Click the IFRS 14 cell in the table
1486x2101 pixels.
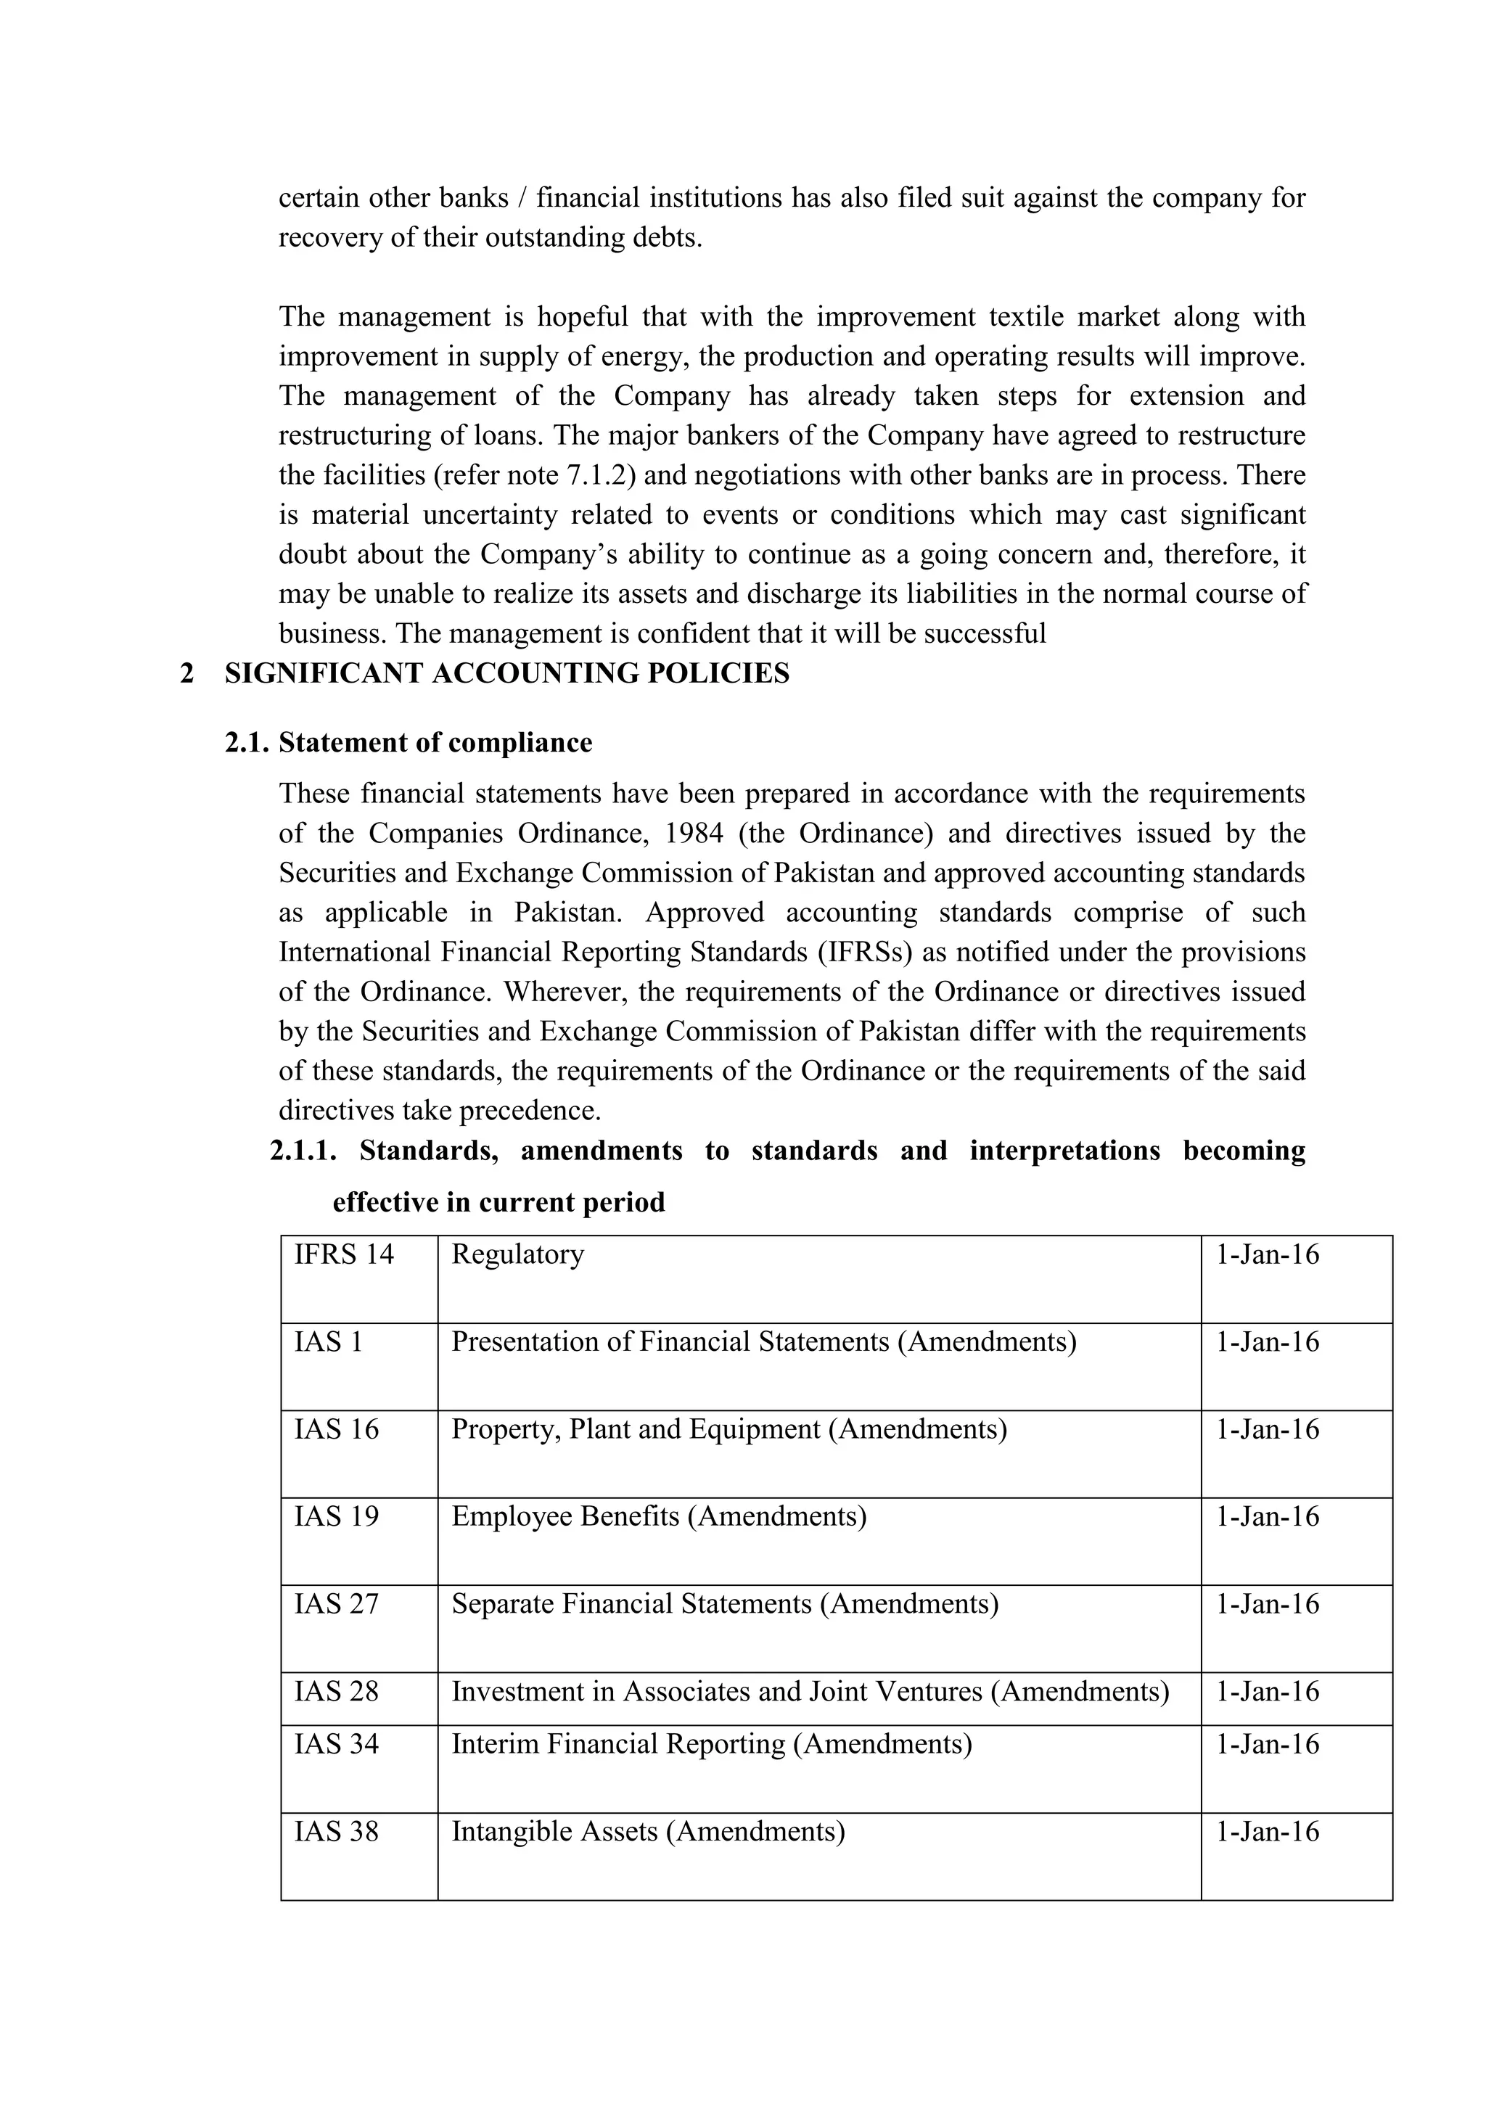pos(343,1254)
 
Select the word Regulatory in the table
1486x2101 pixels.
pos(517,1254)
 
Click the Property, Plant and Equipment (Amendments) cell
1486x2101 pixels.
pos(728,1428)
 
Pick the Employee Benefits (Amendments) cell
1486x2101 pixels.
pos(658,1516)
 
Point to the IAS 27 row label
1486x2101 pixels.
pos(336,1603)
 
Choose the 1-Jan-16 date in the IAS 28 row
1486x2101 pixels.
pos(1268,1691)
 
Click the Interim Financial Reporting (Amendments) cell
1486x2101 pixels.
pos(711,1743)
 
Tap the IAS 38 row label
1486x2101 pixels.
pos(336,1831)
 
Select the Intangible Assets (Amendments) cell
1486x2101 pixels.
pos(648,1831)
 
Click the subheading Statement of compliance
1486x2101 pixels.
pos(435,742)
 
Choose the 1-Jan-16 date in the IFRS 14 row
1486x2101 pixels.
pos(1268,1254)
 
